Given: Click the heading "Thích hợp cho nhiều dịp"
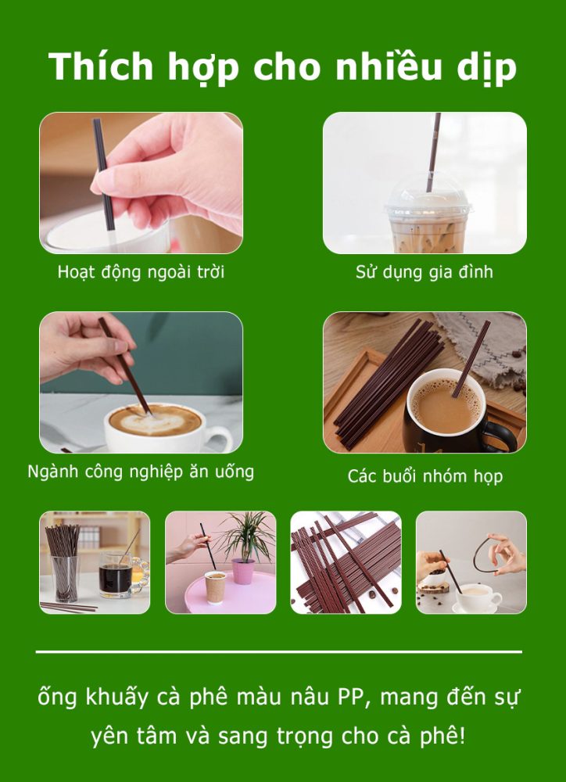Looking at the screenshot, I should tap(282, 67).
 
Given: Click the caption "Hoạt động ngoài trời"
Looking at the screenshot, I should tap(141, 273).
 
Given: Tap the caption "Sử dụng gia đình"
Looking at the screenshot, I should tap(424, 273).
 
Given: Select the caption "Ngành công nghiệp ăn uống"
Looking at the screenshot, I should tap(141, 472).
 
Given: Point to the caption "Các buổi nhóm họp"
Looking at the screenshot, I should tap(424, 475).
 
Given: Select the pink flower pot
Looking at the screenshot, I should tap(243, 570).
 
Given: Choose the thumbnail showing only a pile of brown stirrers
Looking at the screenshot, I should tap(346, 562).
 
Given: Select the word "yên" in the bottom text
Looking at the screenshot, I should tap(109, 736).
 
